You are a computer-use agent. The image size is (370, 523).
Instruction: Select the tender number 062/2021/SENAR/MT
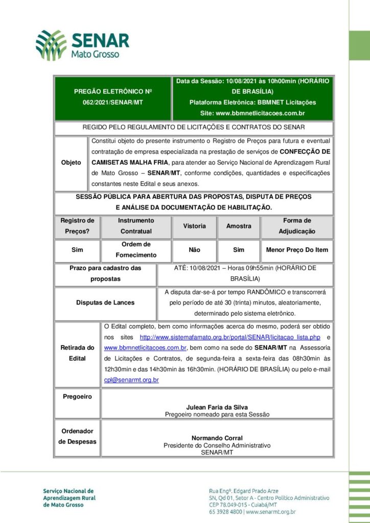coord(113,102)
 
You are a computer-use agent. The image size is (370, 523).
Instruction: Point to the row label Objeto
coord(71,162)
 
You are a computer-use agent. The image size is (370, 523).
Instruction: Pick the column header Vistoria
coord(194,226)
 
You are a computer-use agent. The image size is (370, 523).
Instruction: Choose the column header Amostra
coord(239,226)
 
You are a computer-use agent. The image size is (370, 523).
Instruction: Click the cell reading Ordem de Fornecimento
coord(136,250)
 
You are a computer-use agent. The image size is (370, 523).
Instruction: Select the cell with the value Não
coord(194,250)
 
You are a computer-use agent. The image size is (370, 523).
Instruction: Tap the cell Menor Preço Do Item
coord(297,250)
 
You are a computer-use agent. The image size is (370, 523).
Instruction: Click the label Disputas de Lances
coord(105,302)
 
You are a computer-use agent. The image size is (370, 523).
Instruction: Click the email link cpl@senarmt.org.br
coord(131,380)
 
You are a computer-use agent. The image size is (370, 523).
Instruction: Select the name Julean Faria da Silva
coord(217,407)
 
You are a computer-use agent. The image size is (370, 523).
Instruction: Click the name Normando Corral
coord(217,438)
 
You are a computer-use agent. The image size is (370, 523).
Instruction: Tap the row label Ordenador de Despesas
coord(77,436)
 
